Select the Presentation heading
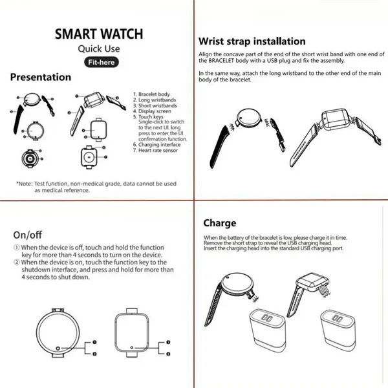(x=41, y=77)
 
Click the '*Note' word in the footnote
(x=25, y=184)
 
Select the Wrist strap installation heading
(x=252, y=41)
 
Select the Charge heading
(x=220, y=223)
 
